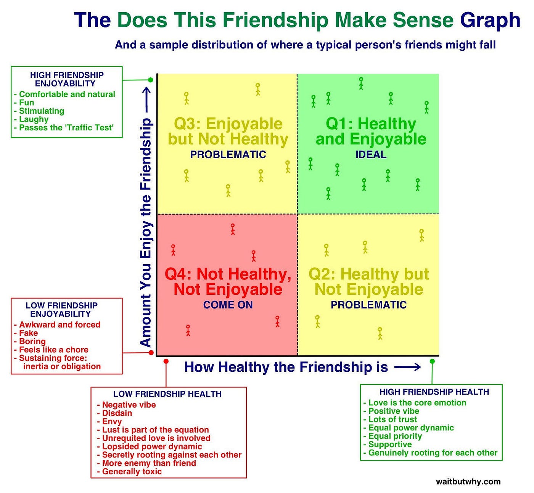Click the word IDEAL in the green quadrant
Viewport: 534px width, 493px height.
pos(371,154)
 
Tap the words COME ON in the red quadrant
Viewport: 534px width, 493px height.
pos(228,305)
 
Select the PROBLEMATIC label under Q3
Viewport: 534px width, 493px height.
pos(228,154)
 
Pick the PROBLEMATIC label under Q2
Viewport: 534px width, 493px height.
pos(368,305)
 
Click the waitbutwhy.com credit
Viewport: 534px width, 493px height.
pos(468,482)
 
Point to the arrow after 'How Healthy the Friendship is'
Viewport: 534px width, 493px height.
pos(407,367)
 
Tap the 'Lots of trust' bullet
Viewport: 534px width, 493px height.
pos(392,419)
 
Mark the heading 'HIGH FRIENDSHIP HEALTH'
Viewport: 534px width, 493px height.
pos(434,392)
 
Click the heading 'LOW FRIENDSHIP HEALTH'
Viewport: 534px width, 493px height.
pos(167,394)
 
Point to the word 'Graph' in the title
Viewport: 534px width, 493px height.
pos(490,20)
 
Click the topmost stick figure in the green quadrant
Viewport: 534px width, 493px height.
pos(361,83)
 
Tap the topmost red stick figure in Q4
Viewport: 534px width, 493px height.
pos(233,229)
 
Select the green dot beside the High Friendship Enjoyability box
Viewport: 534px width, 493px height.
pos(151,80)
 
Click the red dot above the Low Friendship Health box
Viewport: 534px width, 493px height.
pos(166,361)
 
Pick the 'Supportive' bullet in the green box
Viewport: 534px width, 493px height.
pos(390,445)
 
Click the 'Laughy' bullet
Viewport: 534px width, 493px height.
pos(34,119)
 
